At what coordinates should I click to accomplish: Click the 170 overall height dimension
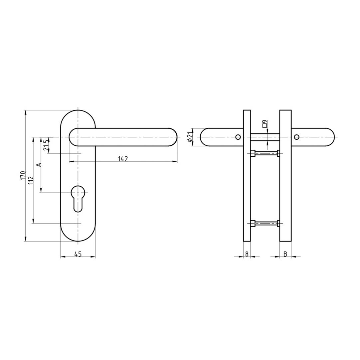coord(23,175)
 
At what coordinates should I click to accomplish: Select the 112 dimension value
coord(31,180)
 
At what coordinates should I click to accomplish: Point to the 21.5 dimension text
coord(47,145)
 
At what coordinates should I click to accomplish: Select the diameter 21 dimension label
coord(190,137)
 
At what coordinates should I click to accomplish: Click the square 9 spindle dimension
coord(265,124)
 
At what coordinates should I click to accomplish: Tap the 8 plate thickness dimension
coord(247,254)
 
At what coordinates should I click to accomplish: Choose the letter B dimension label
coord(285,254)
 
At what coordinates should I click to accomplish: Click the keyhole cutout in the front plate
coord(78,198)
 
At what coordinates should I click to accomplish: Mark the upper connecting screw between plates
coord(265,153)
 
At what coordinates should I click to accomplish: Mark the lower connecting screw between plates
coord(265,223)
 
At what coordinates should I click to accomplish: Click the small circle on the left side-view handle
coord(238,137)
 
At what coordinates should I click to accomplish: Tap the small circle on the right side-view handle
coord(296,137)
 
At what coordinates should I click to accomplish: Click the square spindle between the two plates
coord(265,137)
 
